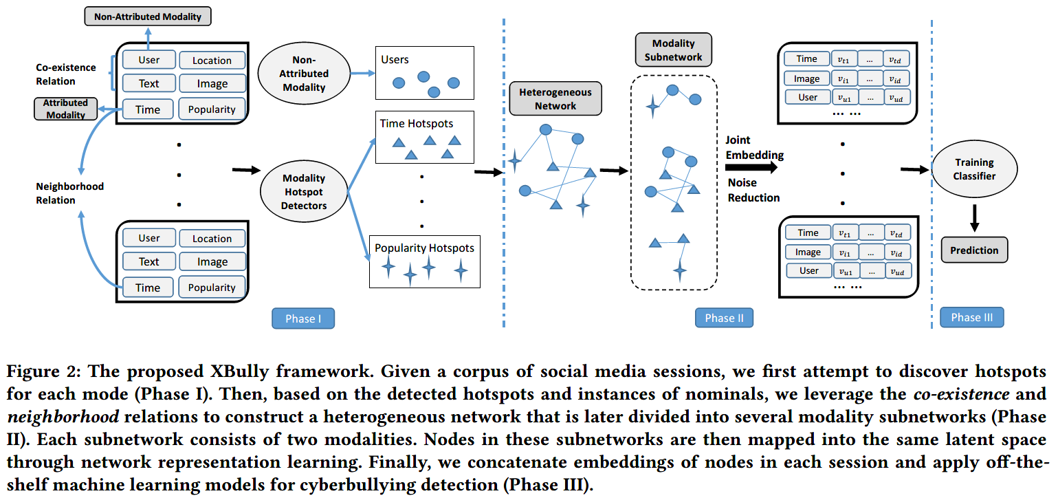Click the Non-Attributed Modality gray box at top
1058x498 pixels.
(147, 15)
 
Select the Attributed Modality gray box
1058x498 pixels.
(65, 109)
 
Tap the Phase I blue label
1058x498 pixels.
(300, 318)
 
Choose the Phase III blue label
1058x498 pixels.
(971, 317)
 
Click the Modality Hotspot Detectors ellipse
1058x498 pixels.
(304, 192)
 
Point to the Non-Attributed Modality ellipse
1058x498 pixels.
(304, 74)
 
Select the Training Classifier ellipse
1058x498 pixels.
(973, 169)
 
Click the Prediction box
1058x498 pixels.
(973, 250)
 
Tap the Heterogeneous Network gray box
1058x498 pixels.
(555, 98)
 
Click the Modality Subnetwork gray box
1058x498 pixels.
(673, 50)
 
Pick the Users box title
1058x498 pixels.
(395, 60)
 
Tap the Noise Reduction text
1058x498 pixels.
(753, 190)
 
